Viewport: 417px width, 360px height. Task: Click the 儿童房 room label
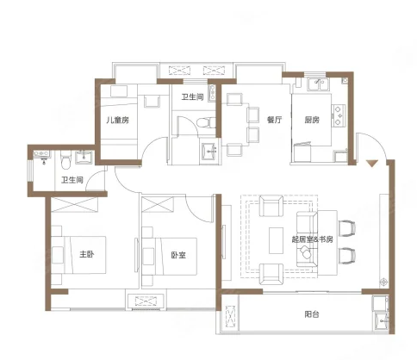[117, 121]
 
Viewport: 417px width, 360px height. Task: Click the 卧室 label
[178, 255]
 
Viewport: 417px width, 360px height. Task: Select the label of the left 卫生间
[72, 180]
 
